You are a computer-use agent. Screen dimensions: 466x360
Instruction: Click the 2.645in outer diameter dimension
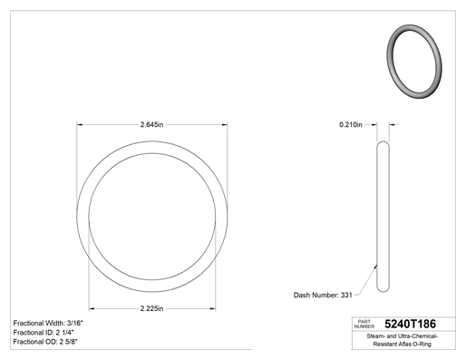[151, 124]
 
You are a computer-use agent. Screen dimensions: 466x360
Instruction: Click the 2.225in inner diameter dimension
[151, 308]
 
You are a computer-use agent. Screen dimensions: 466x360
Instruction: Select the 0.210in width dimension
[351, 124]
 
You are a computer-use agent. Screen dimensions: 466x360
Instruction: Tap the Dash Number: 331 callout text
[323, 295]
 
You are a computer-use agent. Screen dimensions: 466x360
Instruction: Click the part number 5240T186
[410, 324]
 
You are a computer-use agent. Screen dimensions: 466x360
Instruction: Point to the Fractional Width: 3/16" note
[48, 323]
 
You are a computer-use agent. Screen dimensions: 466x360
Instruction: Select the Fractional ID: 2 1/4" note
[44, 333]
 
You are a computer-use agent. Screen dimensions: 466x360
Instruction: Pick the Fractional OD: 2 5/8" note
[45, 342]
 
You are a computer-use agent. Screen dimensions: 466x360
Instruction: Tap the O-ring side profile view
[383, 217]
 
